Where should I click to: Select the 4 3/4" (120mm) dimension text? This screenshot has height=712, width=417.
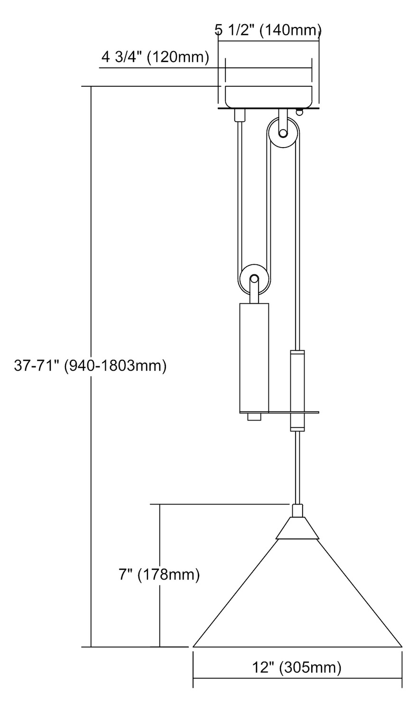coord(155,57)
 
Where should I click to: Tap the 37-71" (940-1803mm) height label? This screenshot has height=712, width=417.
coord(90,365)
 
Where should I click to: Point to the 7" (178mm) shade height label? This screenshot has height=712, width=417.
coord(159,575)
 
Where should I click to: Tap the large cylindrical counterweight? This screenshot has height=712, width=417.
coord(254,357)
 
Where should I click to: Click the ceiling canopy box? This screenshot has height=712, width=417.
coord(269,96)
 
